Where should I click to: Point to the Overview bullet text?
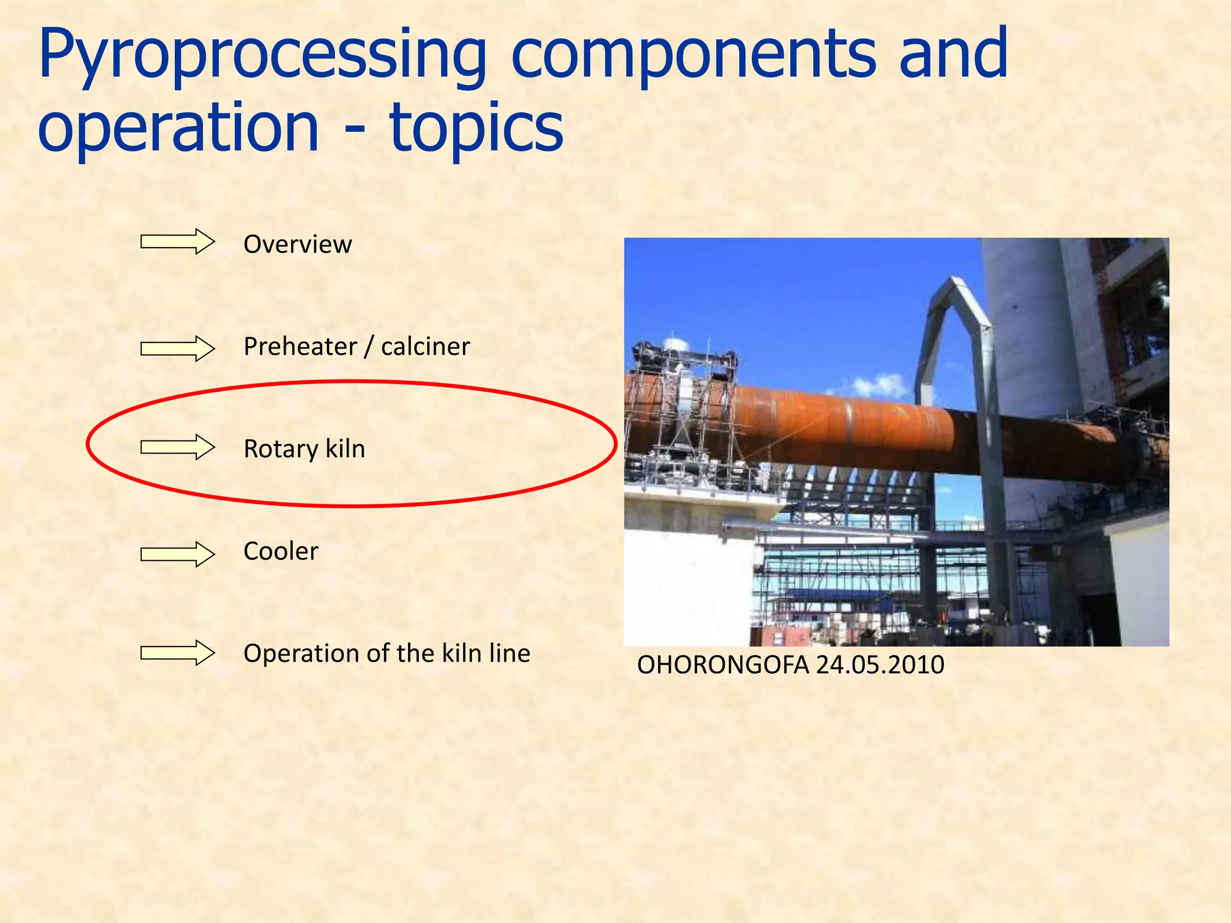tap(298, 245)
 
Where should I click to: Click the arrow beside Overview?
tap(177, 242)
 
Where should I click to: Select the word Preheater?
tap(300, 347)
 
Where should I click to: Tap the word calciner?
tap(425, 347)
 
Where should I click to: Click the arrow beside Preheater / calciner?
tap(177, 349)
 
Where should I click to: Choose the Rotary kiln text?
tap(304, 449)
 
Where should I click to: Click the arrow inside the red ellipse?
tap(177, 447)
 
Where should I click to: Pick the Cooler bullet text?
tap(281, 551)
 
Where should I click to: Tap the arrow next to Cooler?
tap(177, 553)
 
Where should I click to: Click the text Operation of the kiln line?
tap(386, 653)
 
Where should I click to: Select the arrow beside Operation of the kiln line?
tap(177, 653)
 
